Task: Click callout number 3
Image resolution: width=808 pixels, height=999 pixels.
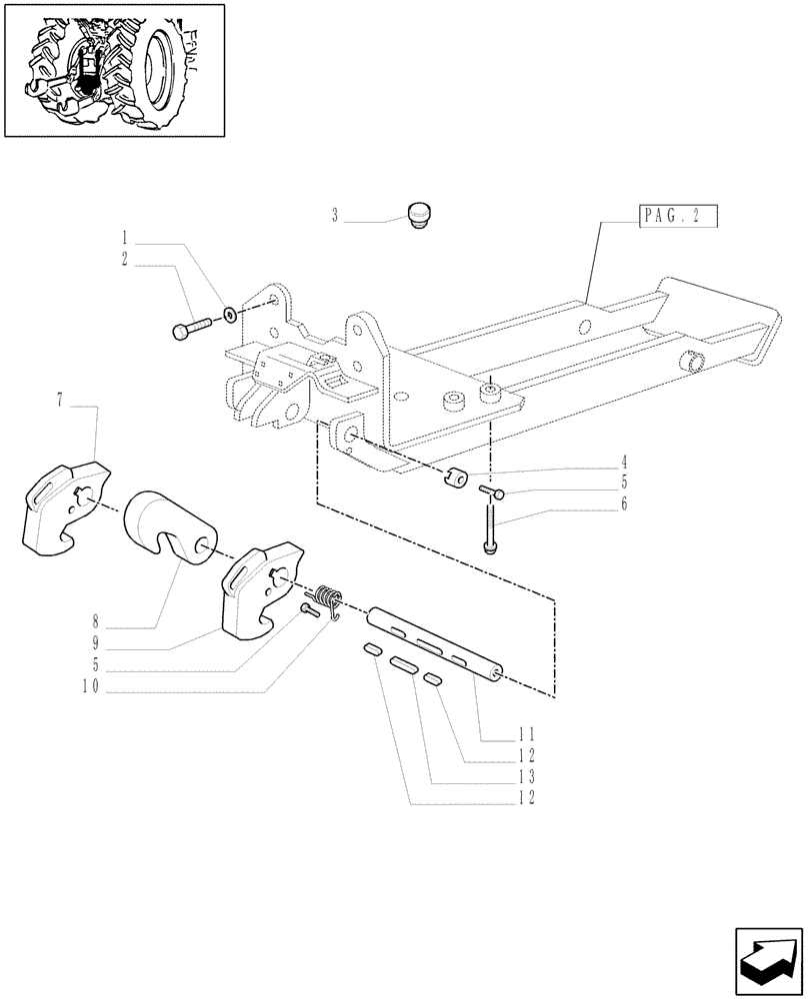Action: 336,215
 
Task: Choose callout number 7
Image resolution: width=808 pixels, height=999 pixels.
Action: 61,401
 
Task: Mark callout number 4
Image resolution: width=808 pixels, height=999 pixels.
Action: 623,463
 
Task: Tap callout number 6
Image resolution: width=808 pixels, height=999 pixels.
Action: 623,503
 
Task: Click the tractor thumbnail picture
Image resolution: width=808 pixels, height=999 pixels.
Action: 114,69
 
